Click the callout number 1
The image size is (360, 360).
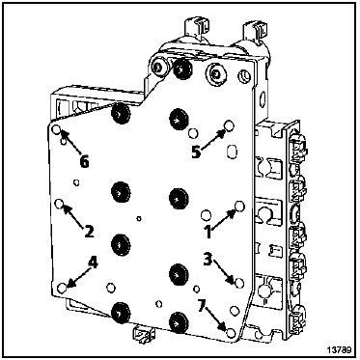point(208,232)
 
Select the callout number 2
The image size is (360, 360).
point(89,231)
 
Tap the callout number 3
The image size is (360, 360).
point(208,260)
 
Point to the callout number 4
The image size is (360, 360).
point(93,263)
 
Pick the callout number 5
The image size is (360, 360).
point(196,152)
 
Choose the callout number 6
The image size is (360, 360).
point(84,162)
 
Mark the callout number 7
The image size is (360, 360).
point(202,307)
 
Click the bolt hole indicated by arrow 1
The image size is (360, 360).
point(240,206)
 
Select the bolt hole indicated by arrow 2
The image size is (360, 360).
point(60,204)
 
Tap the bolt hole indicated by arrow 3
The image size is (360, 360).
point(239,283)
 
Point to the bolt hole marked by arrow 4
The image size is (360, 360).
point(62,288)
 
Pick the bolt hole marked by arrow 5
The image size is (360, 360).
point(229,126)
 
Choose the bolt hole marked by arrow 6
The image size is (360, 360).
point(56,129)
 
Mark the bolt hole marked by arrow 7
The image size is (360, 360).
point(231,333)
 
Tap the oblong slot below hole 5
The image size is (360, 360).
point(231,152)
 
